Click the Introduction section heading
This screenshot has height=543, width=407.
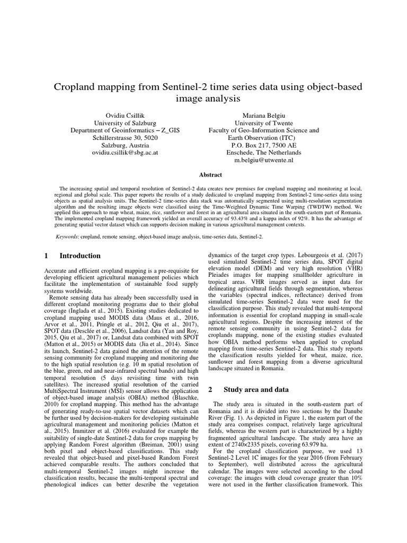(80, 255)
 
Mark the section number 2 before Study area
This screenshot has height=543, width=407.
(210, 389)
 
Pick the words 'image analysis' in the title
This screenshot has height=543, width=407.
(203, 98)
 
